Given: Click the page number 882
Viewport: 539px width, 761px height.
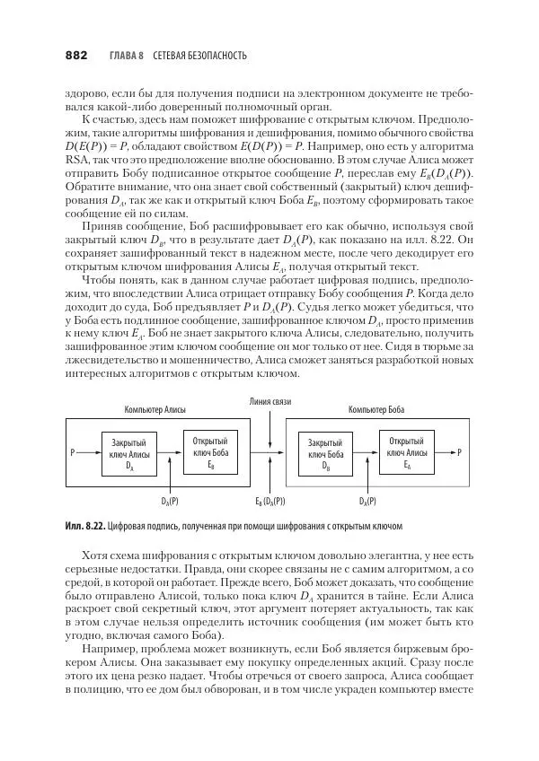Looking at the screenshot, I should click(x=75, y=56).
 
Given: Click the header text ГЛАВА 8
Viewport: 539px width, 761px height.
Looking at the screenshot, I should click(x=127, y=56).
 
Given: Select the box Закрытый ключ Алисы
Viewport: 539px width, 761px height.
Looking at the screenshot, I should click(x=129, y=454).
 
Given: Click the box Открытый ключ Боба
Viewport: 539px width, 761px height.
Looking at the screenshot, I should click(x=210, y=452).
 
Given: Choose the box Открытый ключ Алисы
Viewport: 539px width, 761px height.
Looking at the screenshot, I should click(x=407, y=452).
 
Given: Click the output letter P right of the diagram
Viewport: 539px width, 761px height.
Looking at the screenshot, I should click(x=459, y=452).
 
